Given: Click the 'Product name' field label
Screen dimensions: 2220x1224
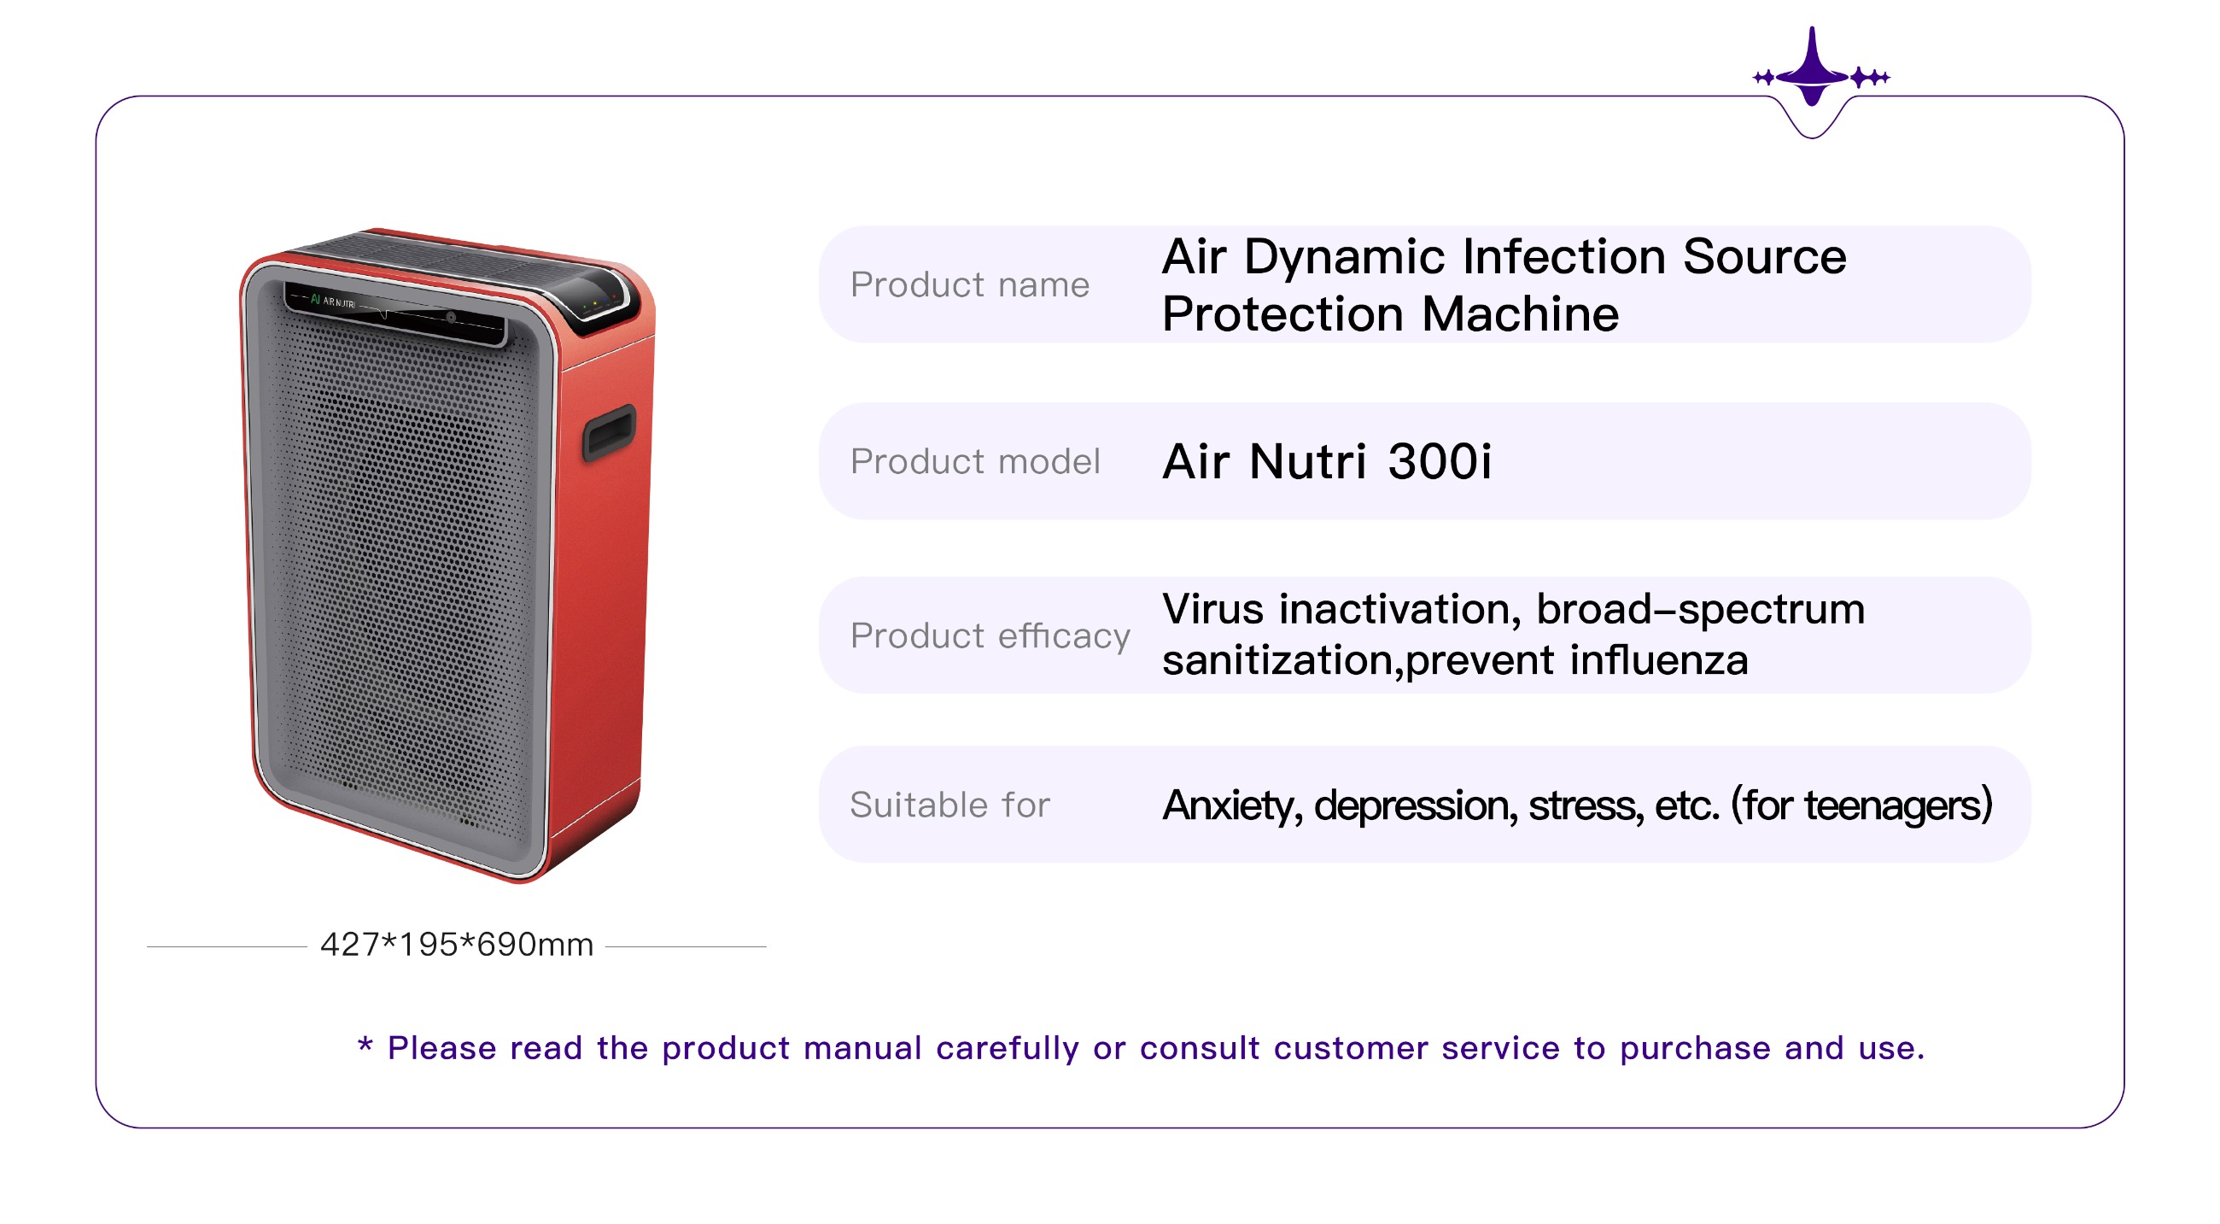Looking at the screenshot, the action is pos(969,284).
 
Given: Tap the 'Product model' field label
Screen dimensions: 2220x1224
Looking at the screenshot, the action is pos(975,461).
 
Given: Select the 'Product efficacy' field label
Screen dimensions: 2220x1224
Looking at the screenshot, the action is pos(990,636).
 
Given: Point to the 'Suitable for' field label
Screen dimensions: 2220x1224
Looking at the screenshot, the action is pos(949,805).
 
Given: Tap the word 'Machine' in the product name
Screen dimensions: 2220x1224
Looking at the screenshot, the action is pos(1520,313).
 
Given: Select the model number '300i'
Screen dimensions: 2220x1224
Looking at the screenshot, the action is pos(1440,461).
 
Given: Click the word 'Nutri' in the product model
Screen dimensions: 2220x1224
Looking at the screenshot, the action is pos(1307,461).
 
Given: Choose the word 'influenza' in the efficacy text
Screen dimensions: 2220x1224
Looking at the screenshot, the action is pos(1659,660).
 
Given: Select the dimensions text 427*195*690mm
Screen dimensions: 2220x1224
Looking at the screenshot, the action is pos(456,945).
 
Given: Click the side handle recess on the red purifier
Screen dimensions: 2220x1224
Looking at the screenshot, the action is pos(610,432).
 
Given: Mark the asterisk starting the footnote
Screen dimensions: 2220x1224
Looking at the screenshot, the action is pos(365,1045).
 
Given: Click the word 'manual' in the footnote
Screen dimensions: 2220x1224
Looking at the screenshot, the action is pos(862,1048).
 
